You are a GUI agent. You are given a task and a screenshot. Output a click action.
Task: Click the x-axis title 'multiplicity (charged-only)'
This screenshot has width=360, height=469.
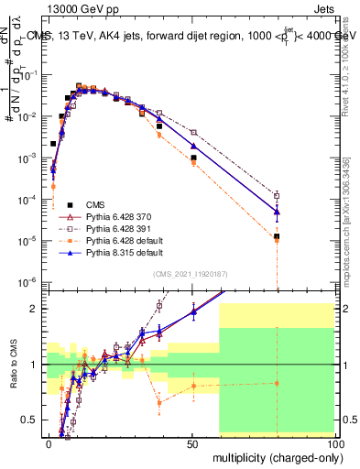[273, 456]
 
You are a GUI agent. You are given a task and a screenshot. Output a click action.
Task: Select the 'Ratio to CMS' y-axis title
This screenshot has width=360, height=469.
[13, 365]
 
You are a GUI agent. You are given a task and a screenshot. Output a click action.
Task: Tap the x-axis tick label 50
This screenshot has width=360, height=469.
[191, 443]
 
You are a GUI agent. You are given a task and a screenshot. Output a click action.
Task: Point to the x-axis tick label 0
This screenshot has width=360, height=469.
[49, 443]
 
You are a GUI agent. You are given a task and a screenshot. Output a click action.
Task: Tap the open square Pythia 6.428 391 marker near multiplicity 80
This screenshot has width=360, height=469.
[277, 194]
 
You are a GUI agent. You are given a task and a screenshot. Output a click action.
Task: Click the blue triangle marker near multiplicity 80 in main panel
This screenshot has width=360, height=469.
[277, 212]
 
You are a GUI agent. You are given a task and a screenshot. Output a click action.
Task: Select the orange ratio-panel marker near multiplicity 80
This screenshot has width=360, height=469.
[277, 383]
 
